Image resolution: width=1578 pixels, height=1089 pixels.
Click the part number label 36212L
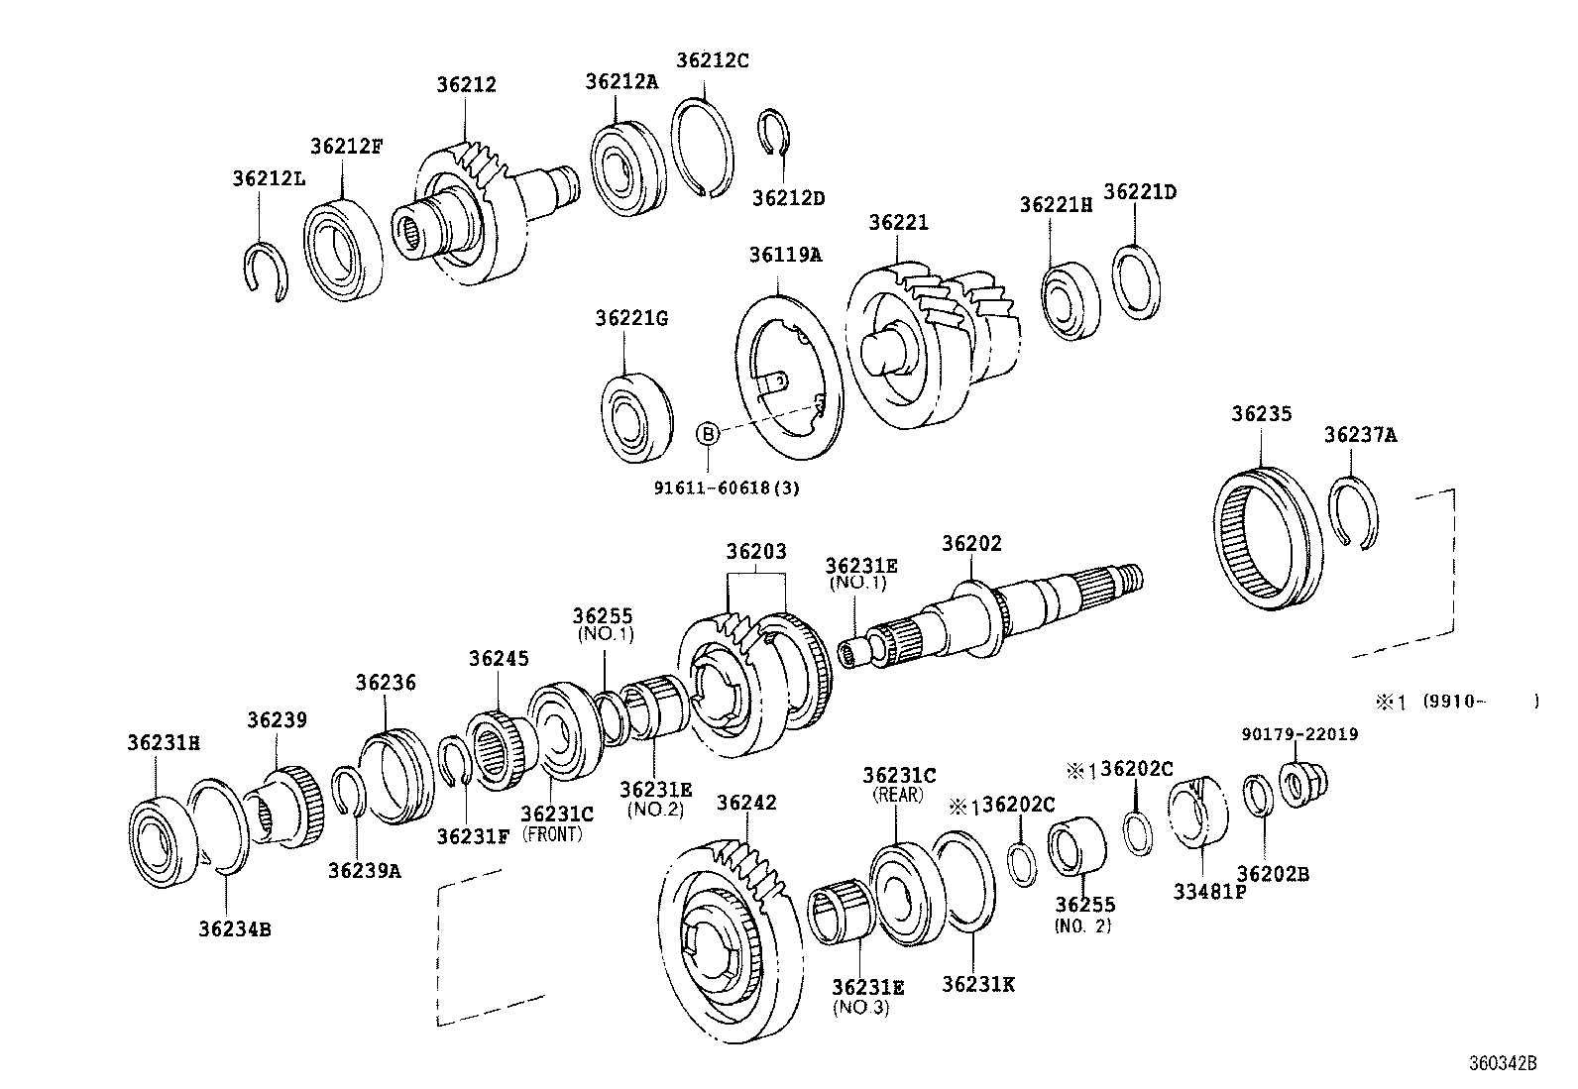click(x=269, y=178)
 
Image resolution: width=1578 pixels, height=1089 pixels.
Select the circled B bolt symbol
click(x=707, y=433)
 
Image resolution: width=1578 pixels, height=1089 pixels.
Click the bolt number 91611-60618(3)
click(x=726, y=488)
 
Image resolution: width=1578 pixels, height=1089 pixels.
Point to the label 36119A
click(x=785, y=255)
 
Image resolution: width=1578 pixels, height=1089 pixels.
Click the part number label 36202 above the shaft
click(x=970, y=544)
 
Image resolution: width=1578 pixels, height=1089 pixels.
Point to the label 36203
click(x=755, y=551)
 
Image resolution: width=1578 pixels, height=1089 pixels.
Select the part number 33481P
click(x=1209, y=891)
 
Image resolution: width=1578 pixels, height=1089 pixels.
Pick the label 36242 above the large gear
click(x=746, y=803)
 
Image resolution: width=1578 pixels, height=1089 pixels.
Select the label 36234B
click(x=235, y=928)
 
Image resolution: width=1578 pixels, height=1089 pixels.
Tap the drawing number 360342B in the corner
click(x=1501, y=1063)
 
